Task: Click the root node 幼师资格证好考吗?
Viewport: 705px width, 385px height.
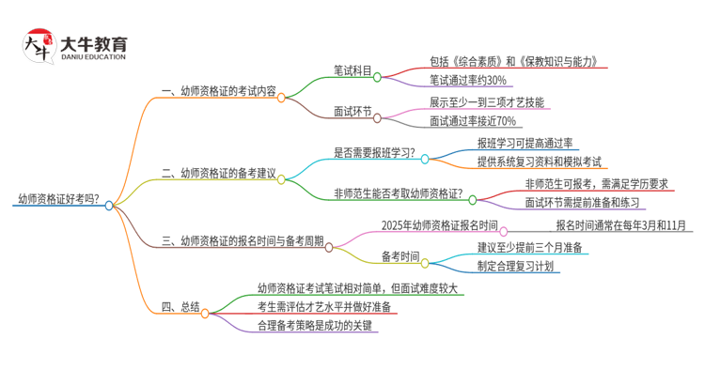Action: click(59, 199)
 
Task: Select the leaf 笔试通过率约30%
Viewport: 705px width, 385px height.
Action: click(467, 80)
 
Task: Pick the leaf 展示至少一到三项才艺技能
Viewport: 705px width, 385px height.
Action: click(485, 101)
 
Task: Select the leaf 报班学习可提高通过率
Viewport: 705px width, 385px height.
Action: click(525, 143)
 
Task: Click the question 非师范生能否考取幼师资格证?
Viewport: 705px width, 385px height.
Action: click(399, 193)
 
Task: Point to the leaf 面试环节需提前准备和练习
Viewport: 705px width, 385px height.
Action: click(583, 202)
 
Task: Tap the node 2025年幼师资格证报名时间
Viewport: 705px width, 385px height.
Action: click(440, 225)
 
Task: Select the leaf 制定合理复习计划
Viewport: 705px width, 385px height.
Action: click(515, 266)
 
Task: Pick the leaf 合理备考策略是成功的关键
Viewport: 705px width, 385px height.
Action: click(318, 325)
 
